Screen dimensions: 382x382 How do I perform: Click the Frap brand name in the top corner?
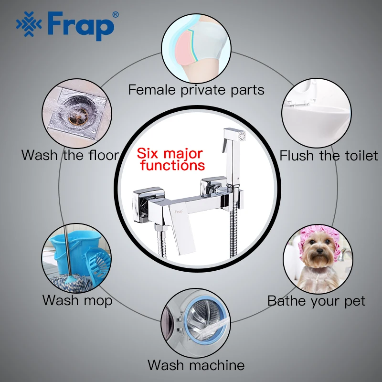(81, 24)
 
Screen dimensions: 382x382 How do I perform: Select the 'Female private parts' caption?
(196, 89)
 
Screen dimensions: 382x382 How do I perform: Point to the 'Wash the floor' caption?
(70, 155)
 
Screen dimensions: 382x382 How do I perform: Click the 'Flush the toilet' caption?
(329, 155)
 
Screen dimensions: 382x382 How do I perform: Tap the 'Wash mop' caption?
(77, 300)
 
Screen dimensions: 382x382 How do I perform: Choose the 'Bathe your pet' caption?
(316, 301)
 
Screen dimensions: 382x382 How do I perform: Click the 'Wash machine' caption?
(196, 365)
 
